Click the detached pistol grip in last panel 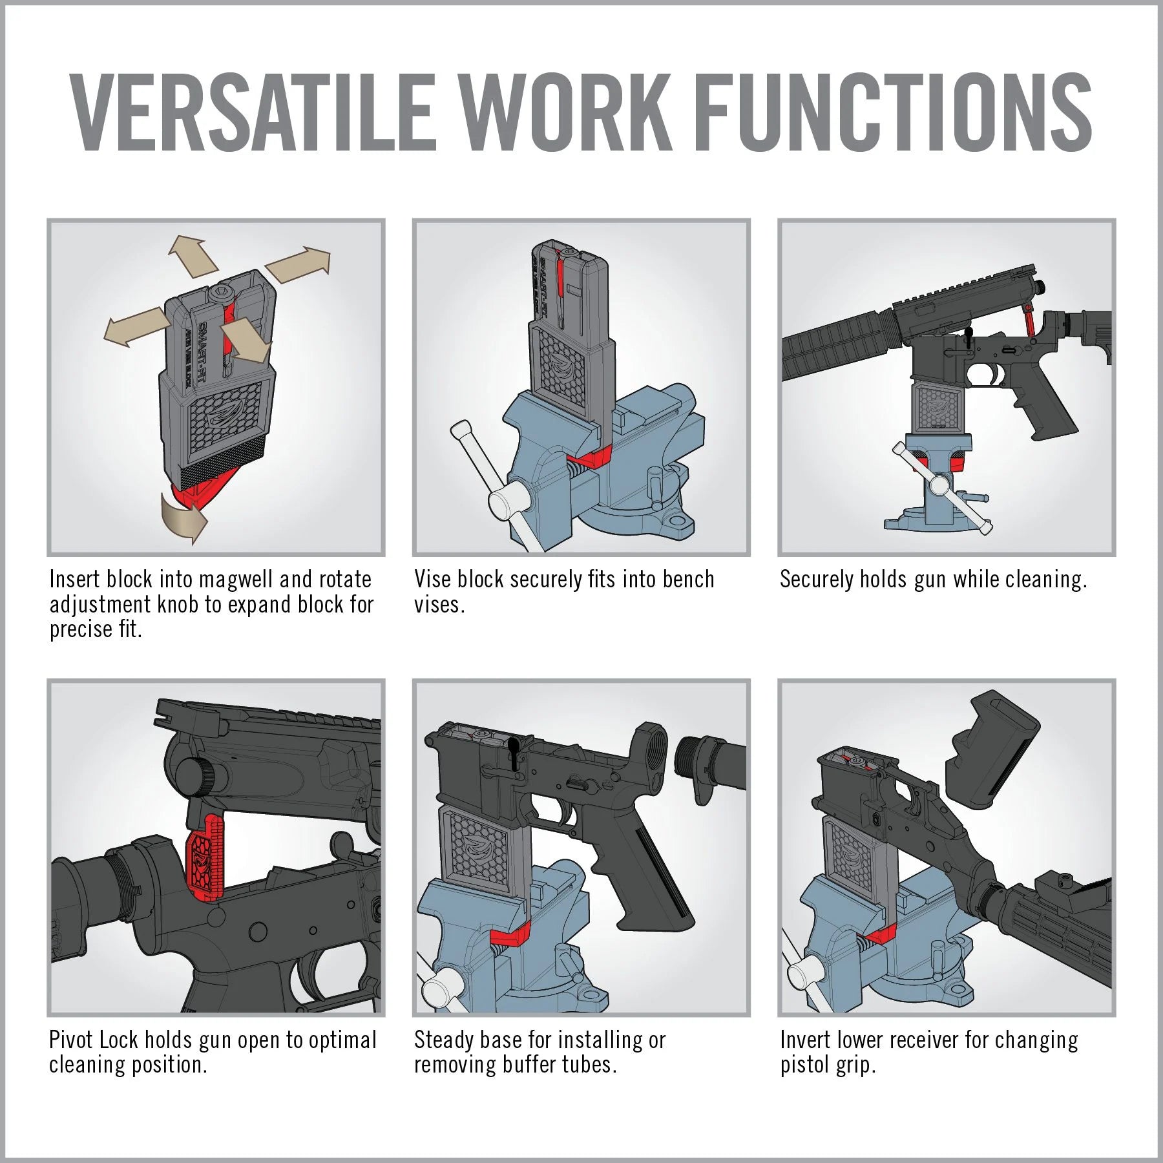tap(992, 749)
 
